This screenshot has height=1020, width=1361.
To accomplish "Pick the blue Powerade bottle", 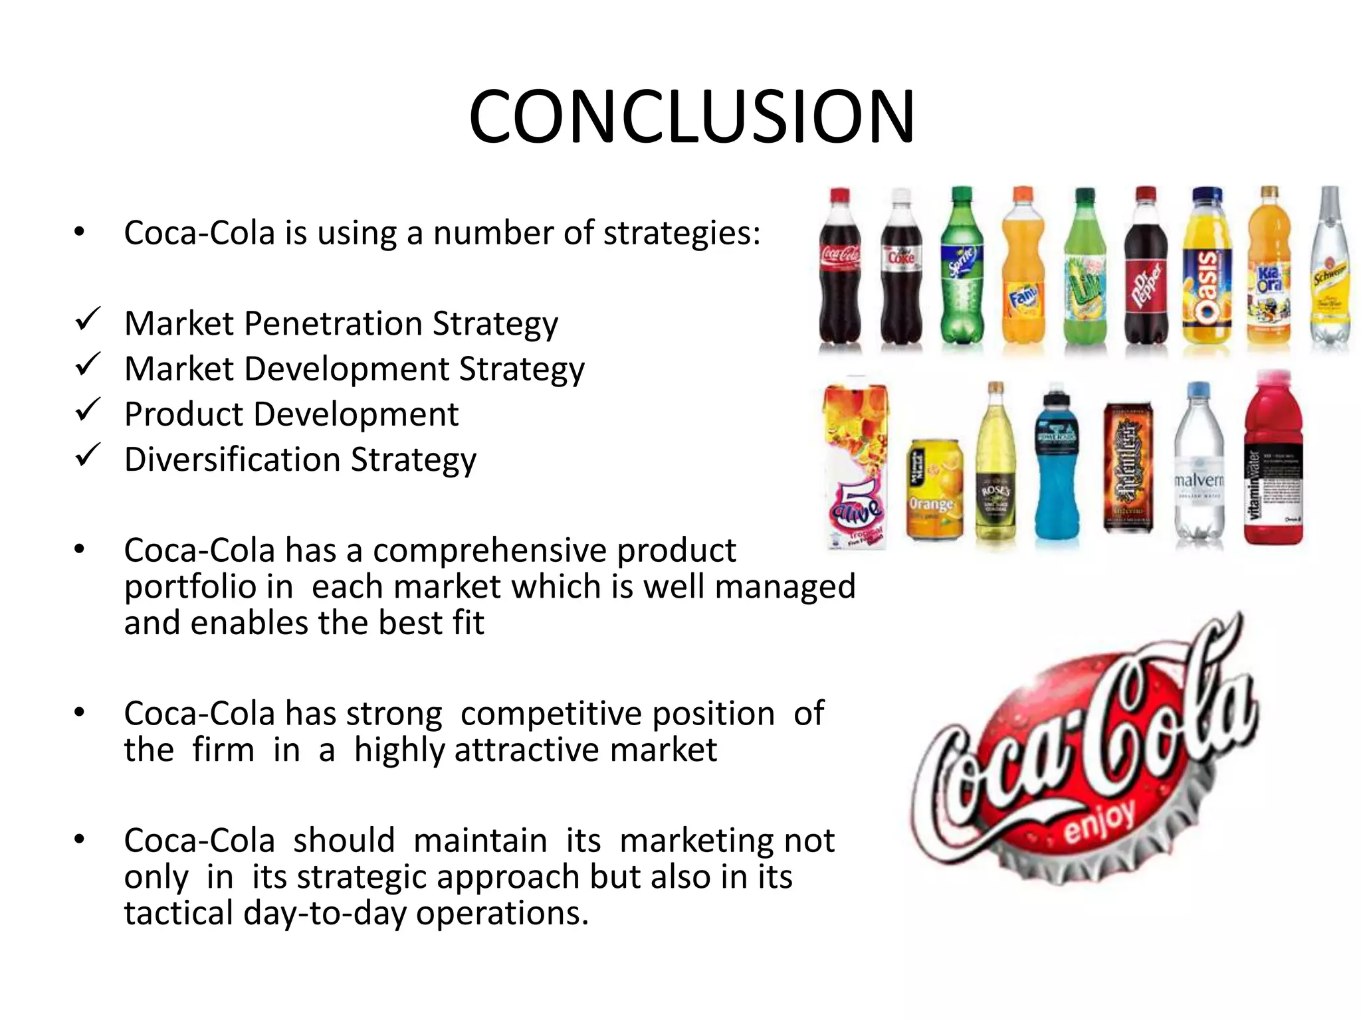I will coord(1057,465).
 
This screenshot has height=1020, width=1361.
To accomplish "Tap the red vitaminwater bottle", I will coord(1272,465).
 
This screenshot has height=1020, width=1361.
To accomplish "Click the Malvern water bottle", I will coord(1199,465).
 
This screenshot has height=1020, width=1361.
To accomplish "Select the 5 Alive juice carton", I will coord(856,465).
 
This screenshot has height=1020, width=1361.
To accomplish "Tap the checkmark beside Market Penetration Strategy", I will coord(87,320).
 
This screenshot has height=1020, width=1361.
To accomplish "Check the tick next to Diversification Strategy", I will coord(87,456).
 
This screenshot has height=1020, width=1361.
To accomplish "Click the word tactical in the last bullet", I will coord(178,913).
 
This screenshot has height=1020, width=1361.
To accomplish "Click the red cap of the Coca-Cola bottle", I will coord(840,197).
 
